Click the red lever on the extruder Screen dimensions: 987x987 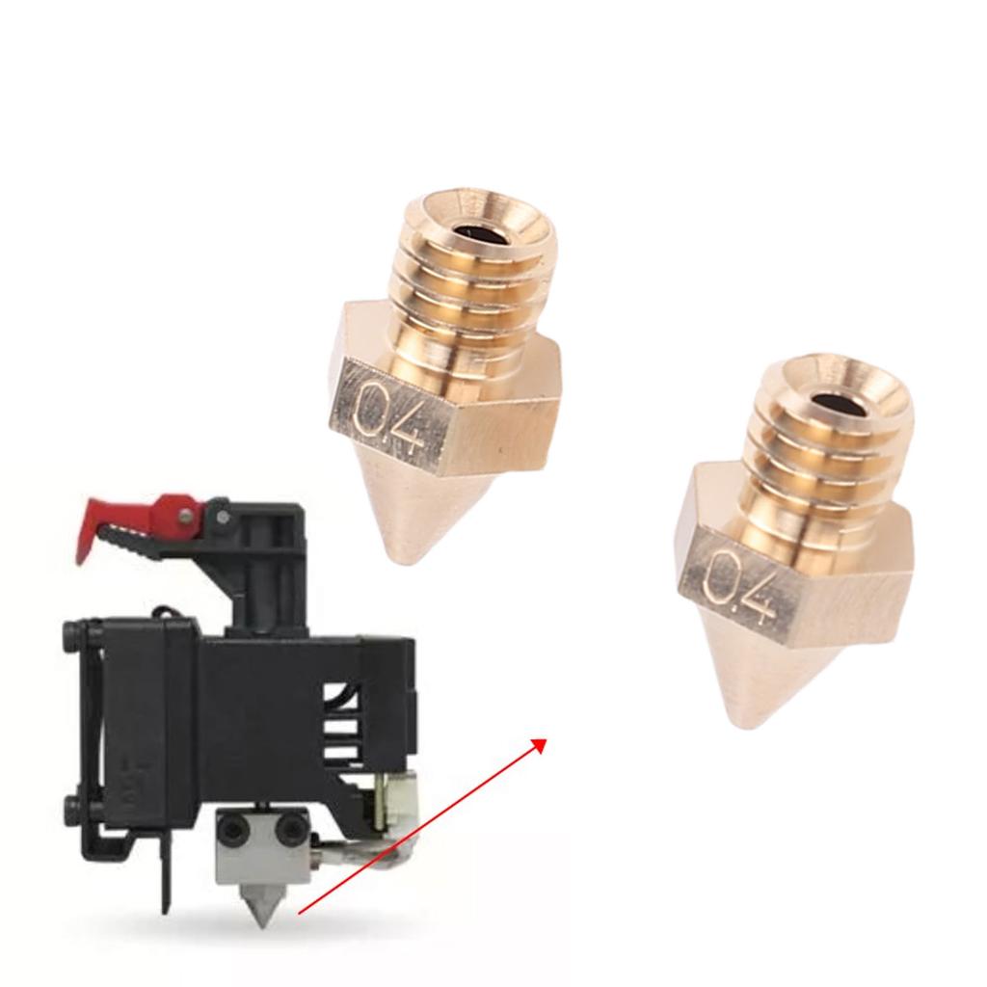[116, 521]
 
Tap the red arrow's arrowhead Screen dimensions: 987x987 [541, 744]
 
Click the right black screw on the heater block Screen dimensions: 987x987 [292, 826]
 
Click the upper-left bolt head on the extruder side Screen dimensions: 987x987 [71, 634]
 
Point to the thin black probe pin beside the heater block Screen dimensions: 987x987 [166, 877]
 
